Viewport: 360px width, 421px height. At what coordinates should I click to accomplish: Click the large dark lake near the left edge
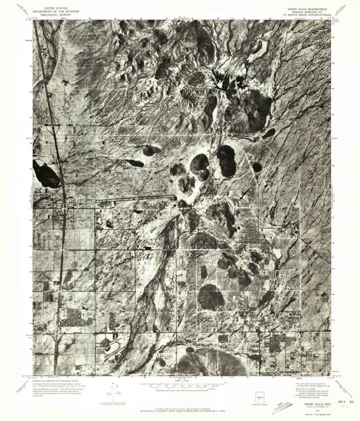point(45,174)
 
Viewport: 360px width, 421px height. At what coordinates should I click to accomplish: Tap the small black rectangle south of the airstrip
point(147,248)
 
